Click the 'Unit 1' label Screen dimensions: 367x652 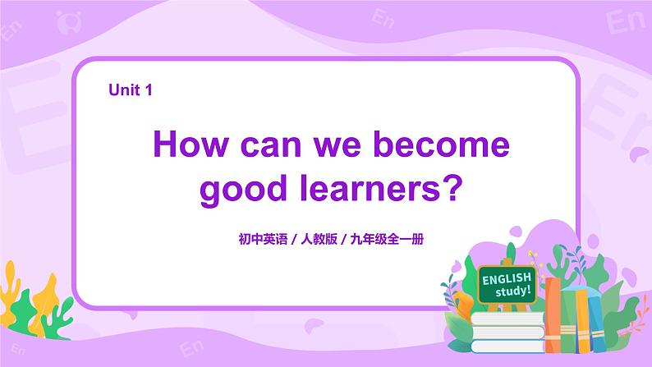coord(131,91)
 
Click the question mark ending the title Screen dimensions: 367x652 coord(452,189)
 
